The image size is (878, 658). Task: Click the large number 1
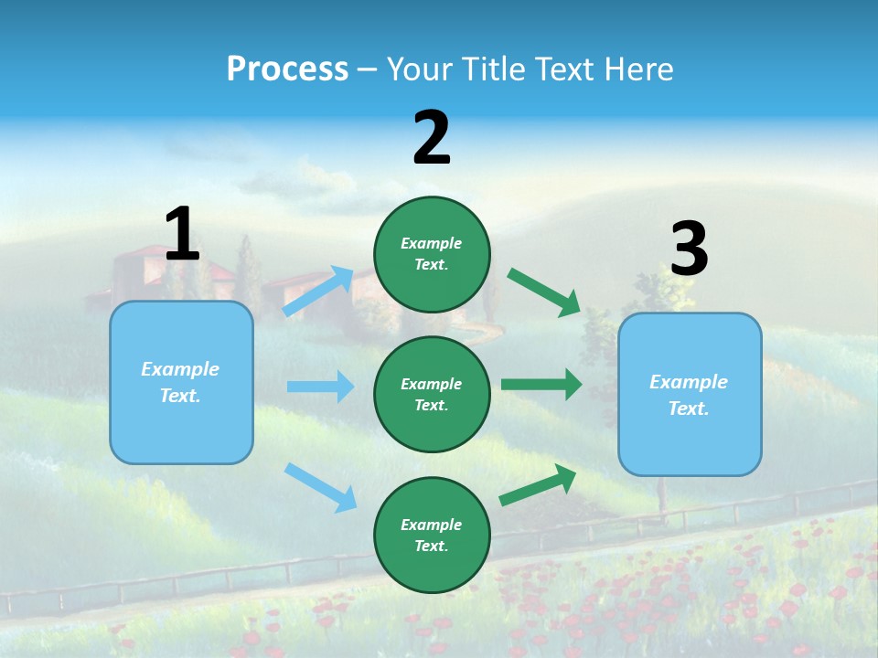tap(182, 234)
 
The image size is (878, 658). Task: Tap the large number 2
tap(432, 137)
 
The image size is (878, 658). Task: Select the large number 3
tap(689, 249)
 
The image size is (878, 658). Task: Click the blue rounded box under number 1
tap(181, 430)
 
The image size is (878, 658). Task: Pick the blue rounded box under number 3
tap(690, 443)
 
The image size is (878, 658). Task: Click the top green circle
tap(432, 219)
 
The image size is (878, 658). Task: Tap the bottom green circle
tap(432, 571)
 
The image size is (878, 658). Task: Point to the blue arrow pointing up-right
tap(318, 292)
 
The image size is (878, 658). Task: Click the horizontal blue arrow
tap(320, 387)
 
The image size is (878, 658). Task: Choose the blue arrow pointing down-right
tap(320, 487)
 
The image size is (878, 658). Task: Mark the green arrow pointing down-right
tap(544, 292)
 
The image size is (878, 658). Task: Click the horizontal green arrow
tap(541, 385)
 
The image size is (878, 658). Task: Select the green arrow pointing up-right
tap(538, 484)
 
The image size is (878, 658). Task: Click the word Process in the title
tap(287, 69)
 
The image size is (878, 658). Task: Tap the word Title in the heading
tap(495, 69)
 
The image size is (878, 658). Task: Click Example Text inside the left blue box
tap(180, 382)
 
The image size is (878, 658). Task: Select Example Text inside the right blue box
tap(689, 395)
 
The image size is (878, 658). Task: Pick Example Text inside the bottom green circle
tap(431, 536)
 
